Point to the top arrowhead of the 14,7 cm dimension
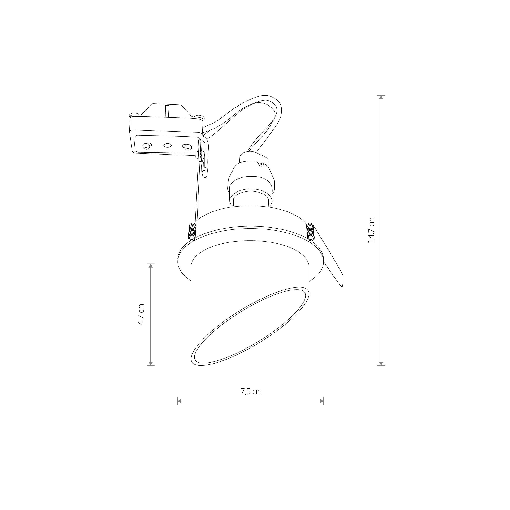tap(381, 97)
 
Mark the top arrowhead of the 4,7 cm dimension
tap(151, 266)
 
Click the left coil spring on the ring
tap(192, 232)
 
